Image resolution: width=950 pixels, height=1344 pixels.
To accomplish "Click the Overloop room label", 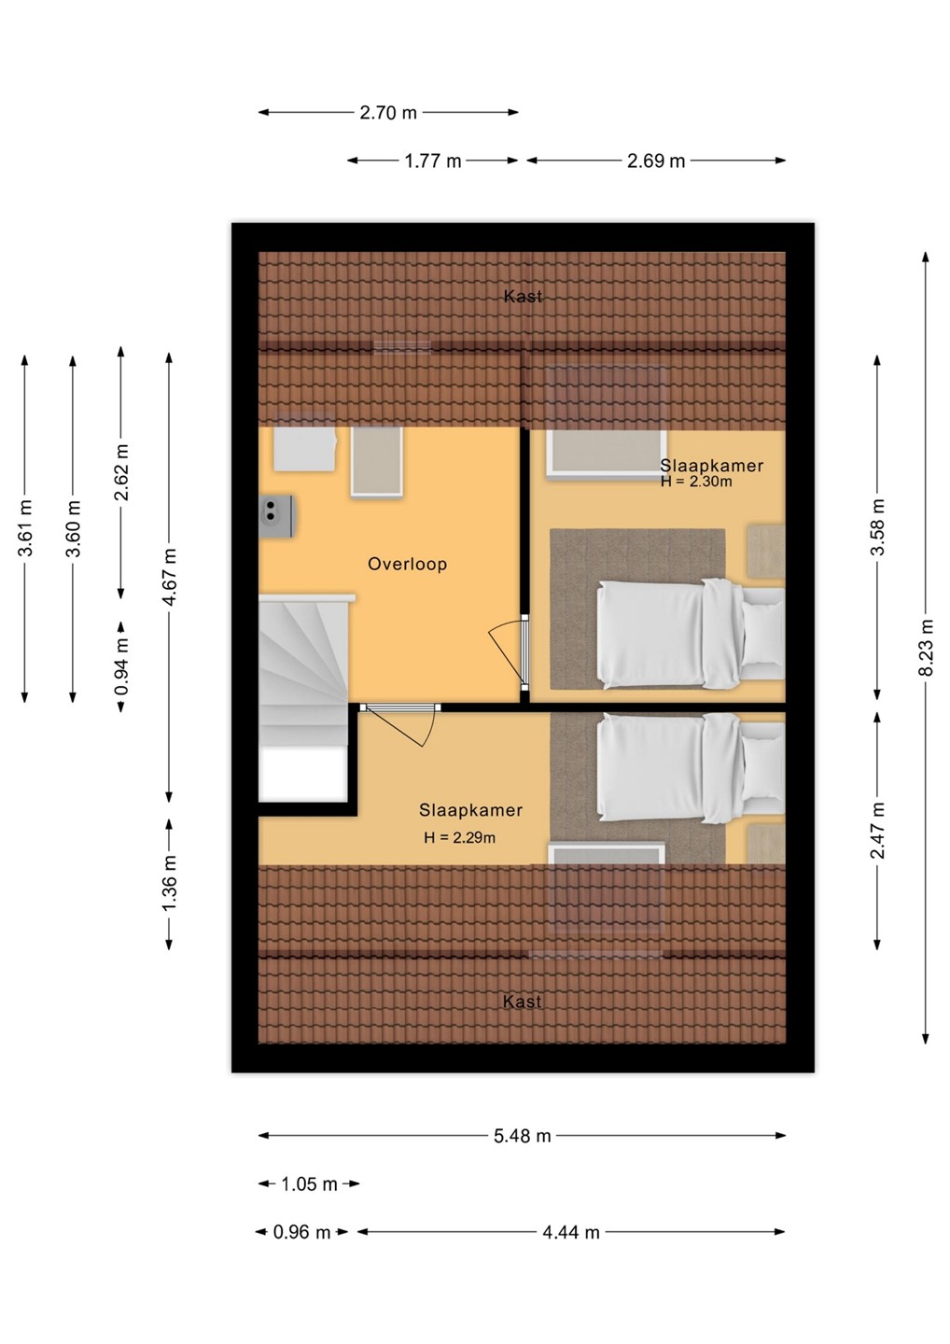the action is [x=407, y=564].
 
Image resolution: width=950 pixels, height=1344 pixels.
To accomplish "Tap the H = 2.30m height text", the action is [x=696, y=482].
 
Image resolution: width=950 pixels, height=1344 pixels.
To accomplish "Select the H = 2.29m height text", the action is [x=459, y=838].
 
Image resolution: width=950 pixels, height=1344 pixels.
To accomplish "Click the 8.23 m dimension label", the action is [x=927, y=648].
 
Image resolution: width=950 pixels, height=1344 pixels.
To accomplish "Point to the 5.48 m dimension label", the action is [x=522, y=1136].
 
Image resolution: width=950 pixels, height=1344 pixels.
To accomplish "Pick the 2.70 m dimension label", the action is [x=388, y=113].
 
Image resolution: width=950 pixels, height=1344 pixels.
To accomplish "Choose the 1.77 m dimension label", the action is [x=432, y=161].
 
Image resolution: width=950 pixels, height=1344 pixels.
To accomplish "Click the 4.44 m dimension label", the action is [x=571, y=1232].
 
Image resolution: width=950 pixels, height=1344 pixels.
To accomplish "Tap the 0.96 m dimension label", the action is [x=301, y=1232].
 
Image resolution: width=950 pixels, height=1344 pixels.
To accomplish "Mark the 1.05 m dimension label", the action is [x=310, y=1184].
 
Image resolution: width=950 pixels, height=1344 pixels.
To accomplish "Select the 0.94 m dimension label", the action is [x=121, y=666].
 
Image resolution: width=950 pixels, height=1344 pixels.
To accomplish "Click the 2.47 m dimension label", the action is [x=878, y=830].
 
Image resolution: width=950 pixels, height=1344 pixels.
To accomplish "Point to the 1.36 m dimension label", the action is [x=170, y=883].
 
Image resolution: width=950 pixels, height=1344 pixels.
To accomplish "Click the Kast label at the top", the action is [x=523, y=297].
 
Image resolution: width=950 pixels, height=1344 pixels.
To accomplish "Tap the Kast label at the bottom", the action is [x=522, y=1001].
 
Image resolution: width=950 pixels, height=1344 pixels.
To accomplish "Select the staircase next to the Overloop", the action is [x=304, y=697].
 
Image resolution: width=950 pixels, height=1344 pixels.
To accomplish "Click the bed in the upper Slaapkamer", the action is [x=691, y=635].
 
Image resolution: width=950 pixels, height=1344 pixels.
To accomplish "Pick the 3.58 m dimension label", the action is [x=878, y=527].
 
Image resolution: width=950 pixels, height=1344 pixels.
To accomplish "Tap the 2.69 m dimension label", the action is [x=656, y=161].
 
